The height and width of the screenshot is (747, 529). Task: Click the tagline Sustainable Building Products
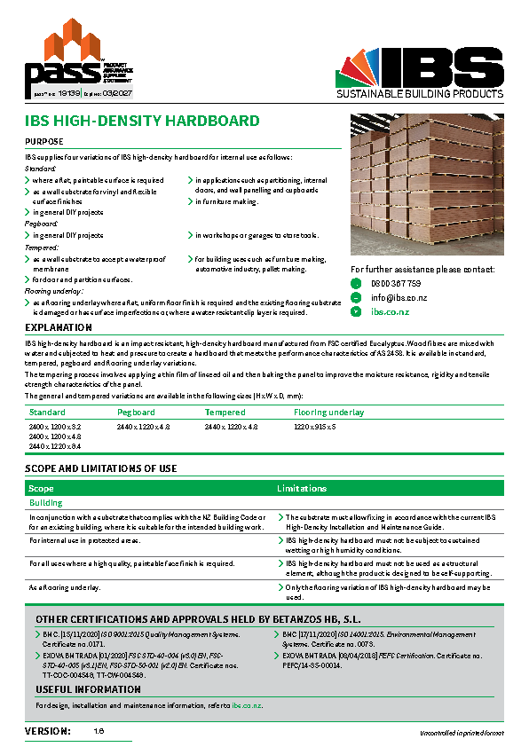tap(419, 93)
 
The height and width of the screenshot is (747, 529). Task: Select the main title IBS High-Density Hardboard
tap(142, 121)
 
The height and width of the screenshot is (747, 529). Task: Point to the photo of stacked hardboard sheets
tap(427, 183)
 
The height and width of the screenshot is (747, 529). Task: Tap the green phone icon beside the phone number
tap(357, 284)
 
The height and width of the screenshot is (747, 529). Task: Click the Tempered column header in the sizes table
tap(225, 413)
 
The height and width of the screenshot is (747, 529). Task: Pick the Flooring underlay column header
tap(328, 413)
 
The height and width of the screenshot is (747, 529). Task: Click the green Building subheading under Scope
tap(46, 502)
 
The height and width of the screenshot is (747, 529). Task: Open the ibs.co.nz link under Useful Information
tap(247, 705)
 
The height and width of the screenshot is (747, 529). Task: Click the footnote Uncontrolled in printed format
tap(462, 733)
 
